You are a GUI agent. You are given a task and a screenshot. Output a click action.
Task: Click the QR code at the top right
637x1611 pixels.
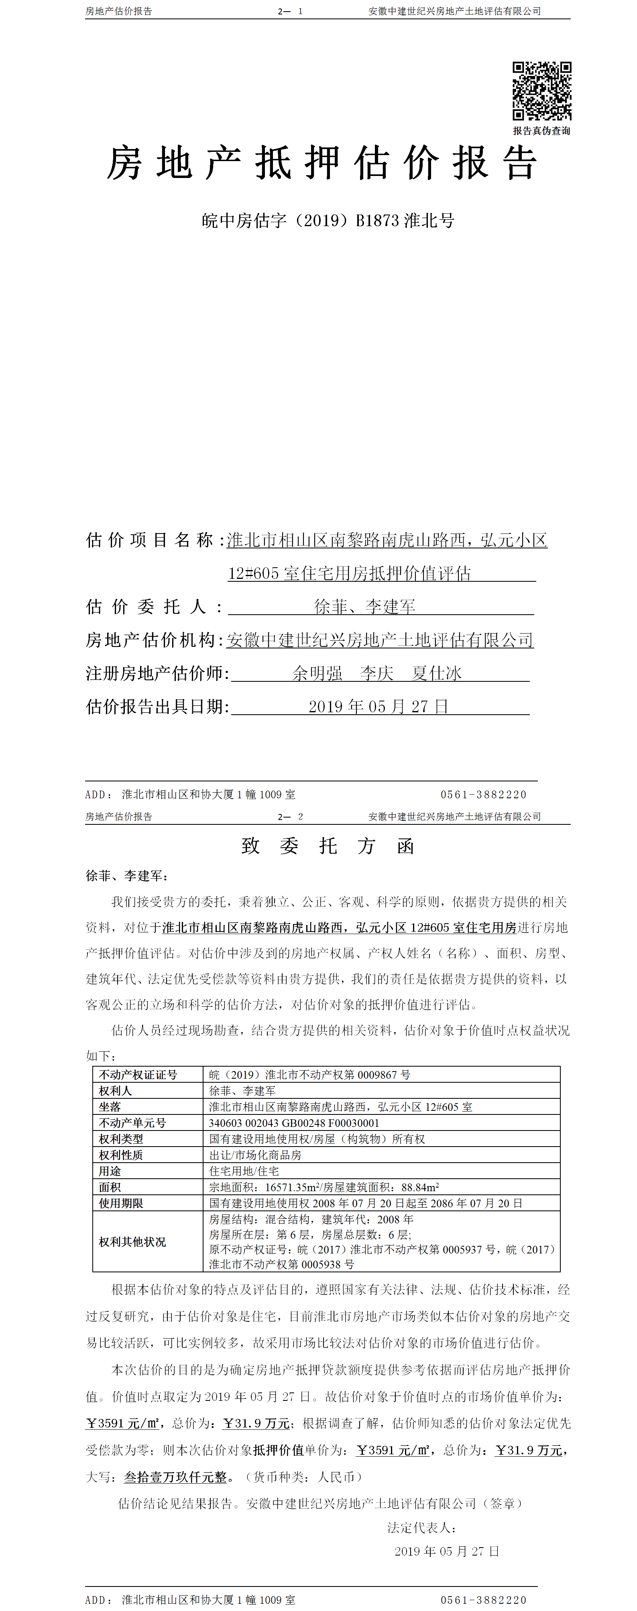coord(542,91)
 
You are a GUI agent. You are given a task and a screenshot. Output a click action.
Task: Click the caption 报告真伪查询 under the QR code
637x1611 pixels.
coord(541,131)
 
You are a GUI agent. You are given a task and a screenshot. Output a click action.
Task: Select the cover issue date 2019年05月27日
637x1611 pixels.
coord(378,707)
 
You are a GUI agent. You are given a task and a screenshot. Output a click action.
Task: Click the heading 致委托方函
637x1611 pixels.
coord(328,846)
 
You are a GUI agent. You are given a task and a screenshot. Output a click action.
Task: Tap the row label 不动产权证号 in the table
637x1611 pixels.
coord(138,1074)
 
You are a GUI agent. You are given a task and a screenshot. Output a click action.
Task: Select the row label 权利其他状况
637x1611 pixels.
coord(132,1241)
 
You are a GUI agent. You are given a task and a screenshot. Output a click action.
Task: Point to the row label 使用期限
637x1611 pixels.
coord(121,1203)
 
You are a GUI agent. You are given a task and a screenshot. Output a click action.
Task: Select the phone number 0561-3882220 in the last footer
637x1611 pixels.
coord(483,1600)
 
